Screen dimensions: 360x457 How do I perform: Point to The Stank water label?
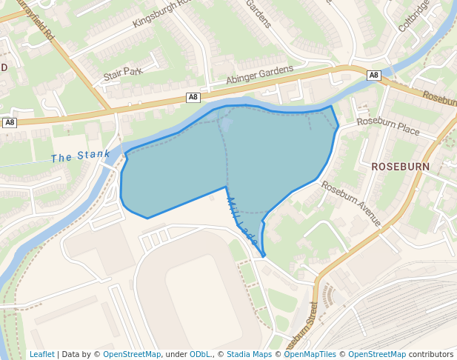(81, 156)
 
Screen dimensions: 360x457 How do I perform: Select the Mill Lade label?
(241, 221)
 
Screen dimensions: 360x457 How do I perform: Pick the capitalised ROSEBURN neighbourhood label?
(400, 167)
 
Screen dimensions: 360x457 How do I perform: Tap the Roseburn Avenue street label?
(351, 204)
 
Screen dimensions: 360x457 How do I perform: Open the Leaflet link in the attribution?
(41, 354)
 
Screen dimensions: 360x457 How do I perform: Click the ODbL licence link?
(199, 354)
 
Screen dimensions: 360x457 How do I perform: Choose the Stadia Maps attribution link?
(249, 354)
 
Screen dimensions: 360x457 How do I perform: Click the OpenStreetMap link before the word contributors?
(376, 354)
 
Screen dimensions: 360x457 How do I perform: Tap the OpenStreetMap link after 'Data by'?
(132, 354)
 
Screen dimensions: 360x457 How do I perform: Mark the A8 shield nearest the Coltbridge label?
(374, 75)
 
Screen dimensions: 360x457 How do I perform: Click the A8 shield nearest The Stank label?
(10, 123)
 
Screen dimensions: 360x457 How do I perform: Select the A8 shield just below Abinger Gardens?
(193, 97)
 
